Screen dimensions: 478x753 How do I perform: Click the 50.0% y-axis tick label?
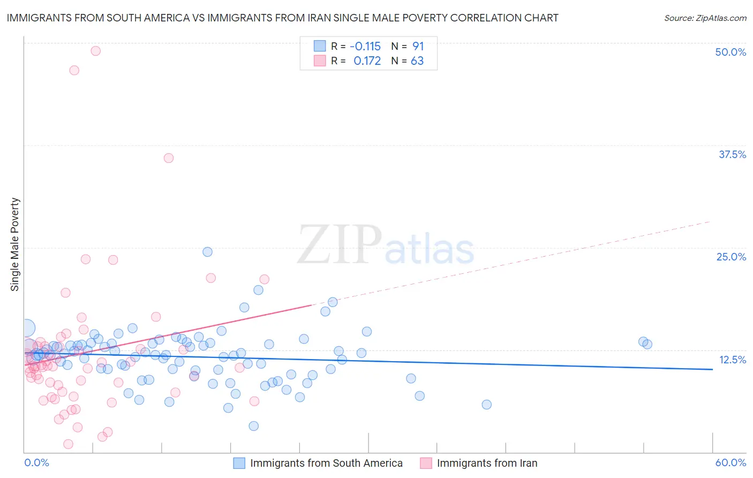click(x=731, y=52)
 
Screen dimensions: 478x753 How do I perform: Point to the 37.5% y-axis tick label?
click(x=732, y=154)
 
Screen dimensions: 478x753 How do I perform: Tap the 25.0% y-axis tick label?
click(x=731, y=257)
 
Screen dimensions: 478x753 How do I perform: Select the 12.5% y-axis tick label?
click(x=732, y=360)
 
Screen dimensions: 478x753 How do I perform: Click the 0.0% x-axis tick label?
click(x=36, y=462)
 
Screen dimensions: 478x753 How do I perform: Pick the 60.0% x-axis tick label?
click(x=731, y=462)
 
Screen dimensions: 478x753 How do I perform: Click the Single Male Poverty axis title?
click(x=15, y=244)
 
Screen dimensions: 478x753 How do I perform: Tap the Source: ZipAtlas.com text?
click(x=705, y=18)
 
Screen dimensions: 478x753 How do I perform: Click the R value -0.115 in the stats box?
click(x=365, y=46)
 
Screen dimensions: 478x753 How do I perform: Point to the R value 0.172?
click(x=367, y=61)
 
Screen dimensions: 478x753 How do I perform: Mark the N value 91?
click(x=418, y=46)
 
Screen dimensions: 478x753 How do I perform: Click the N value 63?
click(x=417, y=61)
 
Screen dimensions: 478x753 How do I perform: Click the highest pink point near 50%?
click(x=95, y=51)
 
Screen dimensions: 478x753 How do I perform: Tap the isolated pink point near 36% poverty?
click(x=169, y=158)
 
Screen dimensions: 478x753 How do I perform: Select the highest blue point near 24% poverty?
click(x=207, y=252)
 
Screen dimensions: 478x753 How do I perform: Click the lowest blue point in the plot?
click(x=253, y=426)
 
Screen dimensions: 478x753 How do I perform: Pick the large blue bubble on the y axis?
click(x=27, y=328)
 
